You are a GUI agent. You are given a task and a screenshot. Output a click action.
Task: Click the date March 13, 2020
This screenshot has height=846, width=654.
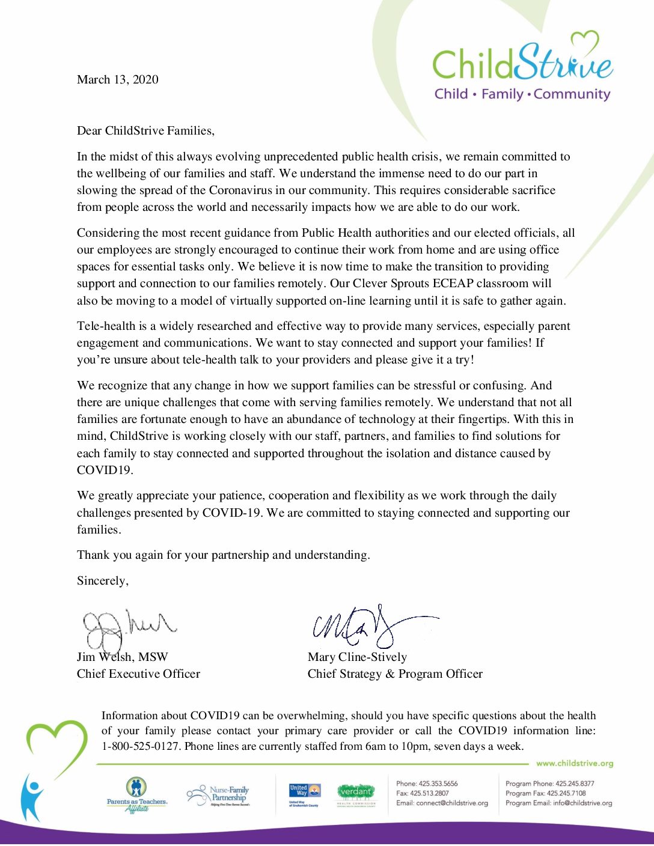[117, 80]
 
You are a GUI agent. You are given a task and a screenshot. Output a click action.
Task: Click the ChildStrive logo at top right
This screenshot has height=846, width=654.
[522, 63]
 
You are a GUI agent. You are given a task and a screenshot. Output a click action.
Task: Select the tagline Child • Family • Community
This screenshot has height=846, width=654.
[522, 94]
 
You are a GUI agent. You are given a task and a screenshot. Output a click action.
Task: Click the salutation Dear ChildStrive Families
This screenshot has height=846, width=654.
[145, 131]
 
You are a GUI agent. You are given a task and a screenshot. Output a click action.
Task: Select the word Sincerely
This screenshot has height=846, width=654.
[102, 581]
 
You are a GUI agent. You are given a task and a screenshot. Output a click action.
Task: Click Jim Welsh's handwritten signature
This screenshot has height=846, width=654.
[126, 628]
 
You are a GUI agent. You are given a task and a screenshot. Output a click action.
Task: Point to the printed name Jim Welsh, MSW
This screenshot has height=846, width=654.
[122, 657]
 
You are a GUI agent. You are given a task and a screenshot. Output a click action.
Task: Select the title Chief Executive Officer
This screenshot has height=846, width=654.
[138, 674]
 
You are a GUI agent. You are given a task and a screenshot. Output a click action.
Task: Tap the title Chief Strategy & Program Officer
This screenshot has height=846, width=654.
[395, 674]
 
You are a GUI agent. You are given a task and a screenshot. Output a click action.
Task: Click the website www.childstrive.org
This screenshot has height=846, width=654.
[574, 764]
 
